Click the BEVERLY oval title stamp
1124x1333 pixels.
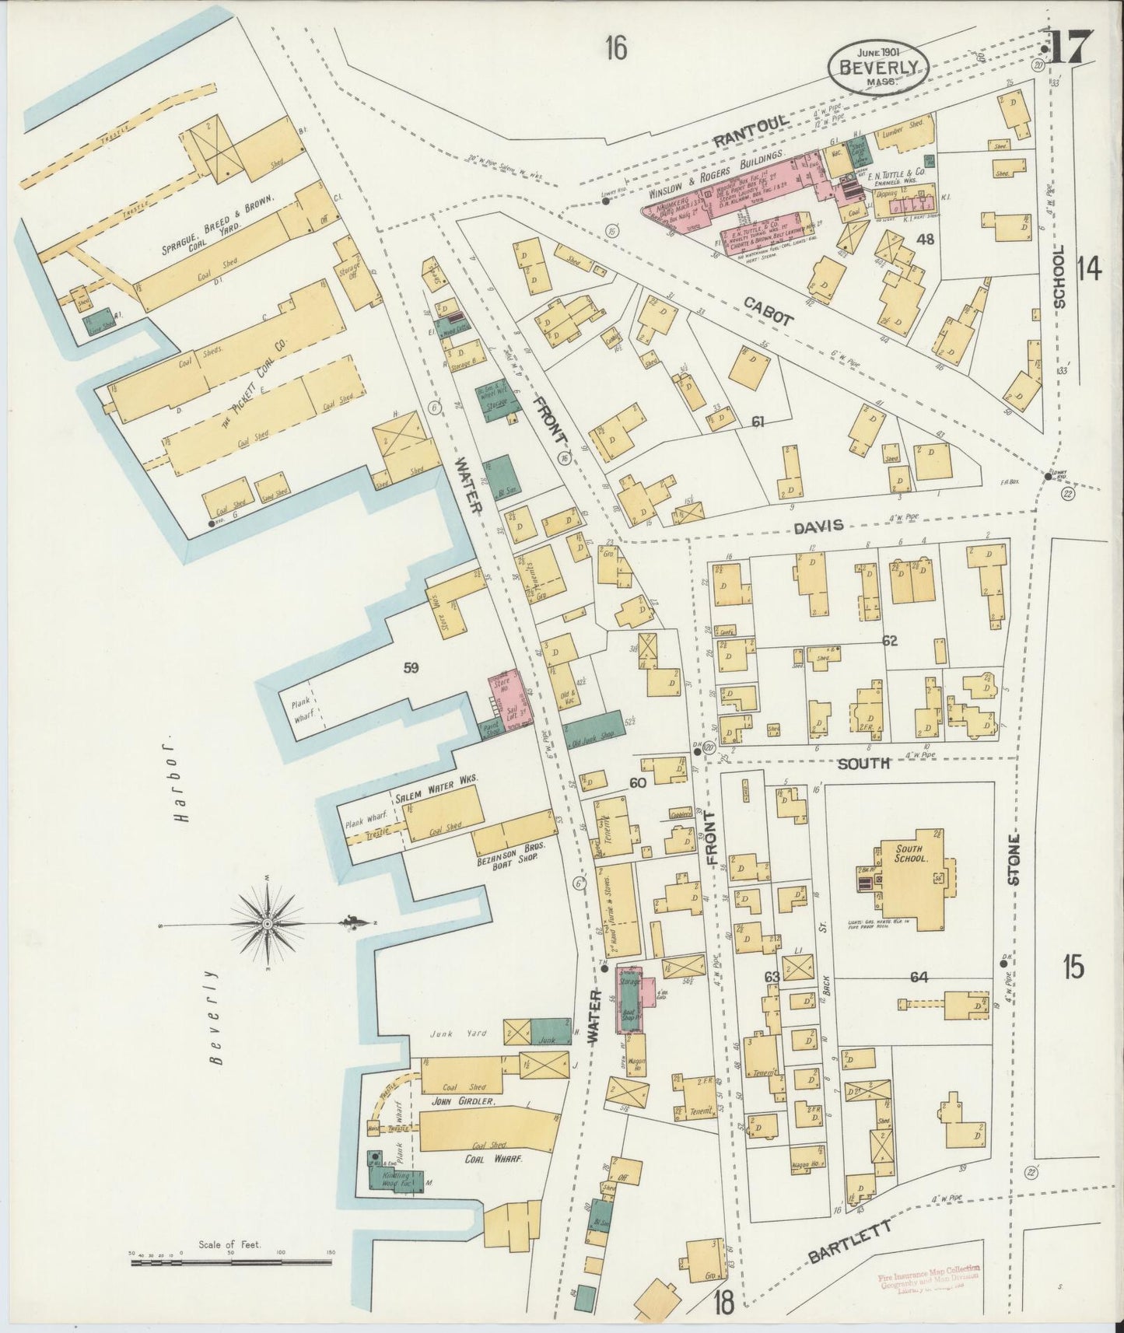[878, 66]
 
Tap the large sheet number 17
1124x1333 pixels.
[1071, 47]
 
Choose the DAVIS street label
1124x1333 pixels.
[818, 527]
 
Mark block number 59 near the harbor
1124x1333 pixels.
[411, 666]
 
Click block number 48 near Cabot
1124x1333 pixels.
[925, 239]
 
